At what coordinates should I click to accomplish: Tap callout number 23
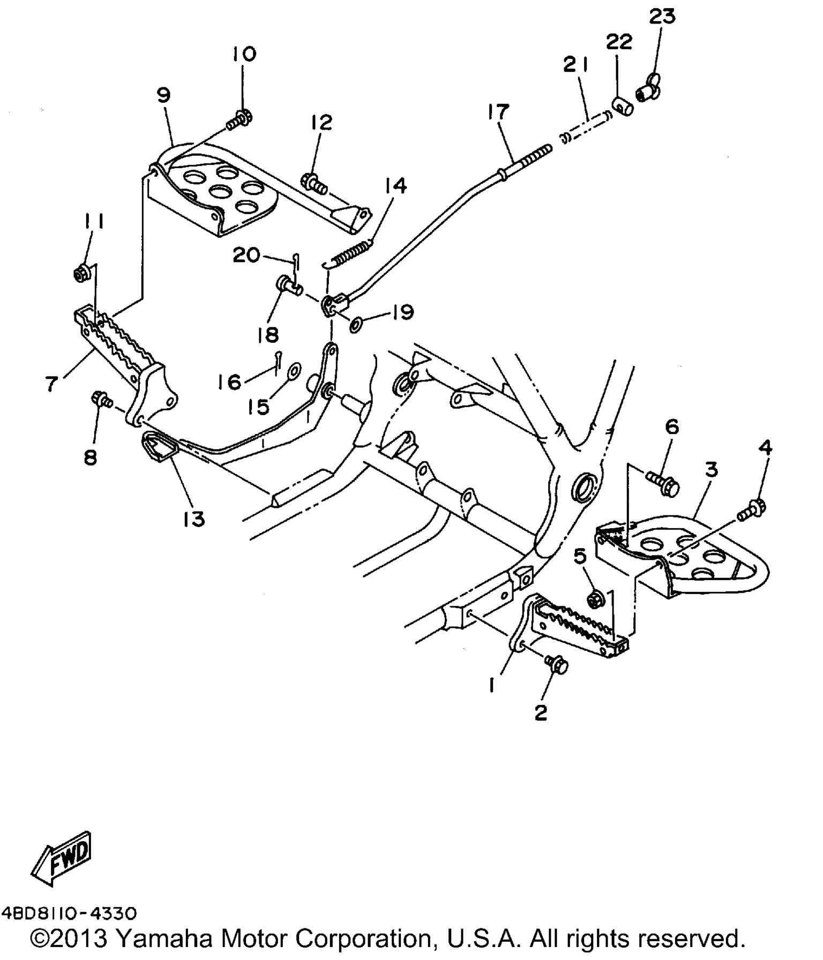click(x=662, y=17)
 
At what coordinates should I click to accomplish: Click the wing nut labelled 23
click(x=649, y=89)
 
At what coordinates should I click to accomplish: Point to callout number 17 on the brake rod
click(x=498, y=112)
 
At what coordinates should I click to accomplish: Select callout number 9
click(x=163, y=95)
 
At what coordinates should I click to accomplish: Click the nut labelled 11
click(x=81, y=274)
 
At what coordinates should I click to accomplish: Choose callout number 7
click(x=51, y=384)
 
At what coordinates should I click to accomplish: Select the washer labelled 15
click(x=294, y=371)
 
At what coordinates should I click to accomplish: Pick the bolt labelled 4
click(x=751, y=509)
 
